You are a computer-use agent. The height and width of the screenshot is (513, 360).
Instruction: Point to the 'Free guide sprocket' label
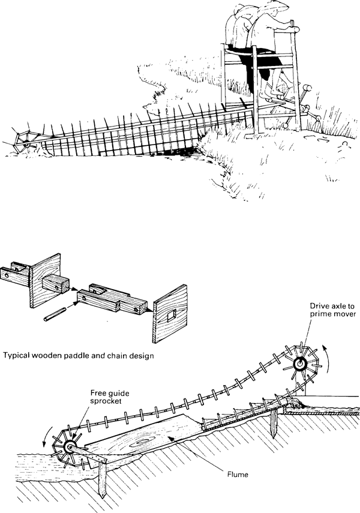pyautogui.click(x=110, y=398)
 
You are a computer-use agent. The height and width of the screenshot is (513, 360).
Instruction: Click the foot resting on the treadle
pyautogui.click(x=276, y=96)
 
